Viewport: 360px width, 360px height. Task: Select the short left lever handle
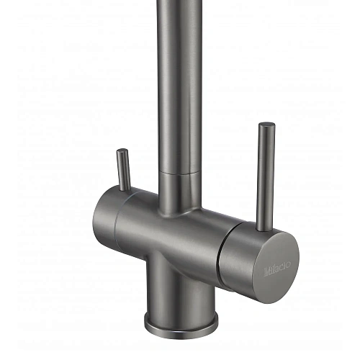124,169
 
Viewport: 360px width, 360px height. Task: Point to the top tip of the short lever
122,152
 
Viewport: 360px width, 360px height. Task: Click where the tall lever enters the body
264,228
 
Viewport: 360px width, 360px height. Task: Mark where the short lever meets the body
125,188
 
